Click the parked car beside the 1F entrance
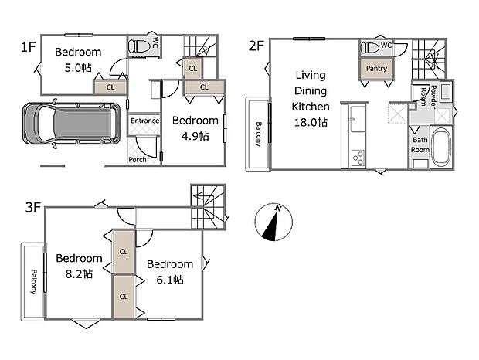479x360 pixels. (x=71, y=124)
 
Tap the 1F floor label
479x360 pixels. (x=28, y=47)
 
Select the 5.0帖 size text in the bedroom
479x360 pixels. (x=78, y=67)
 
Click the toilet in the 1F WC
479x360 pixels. (x=139, y=46)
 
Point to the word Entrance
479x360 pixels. (x=144, y=121)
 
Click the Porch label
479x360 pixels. (x=138, y=159)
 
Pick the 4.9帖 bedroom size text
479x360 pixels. (x=195, y=136)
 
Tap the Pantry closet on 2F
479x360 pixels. (x=376, y=69)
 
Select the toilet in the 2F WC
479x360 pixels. (x=370, y=48)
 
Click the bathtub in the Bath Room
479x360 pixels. (x=442, y=147)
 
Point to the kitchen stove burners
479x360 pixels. (x=358, y=158)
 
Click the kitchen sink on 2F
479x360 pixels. (x=358, y=118)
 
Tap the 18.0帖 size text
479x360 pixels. (x=311, y=122)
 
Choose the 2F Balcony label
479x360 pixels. (x=259, y=134)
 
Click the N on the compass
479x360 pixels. (x=278, y=209)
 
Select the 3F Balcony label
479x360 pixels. (x=33, y=282)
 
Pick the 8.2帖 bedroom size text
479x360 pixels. (x=79, y=274)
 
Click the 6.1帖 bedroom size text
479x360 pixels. (x=170, y=280)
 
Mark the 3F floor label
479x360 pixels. (x=33, y=208)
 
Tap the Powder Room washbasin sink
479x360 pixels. (x=446, y=91)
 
